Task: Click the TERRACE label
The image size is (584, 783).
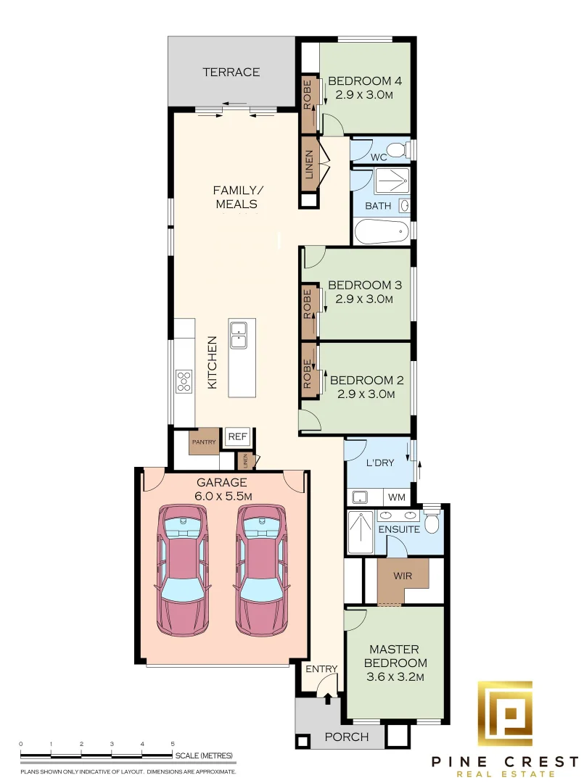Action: pyautogui.click(x=231, y=72)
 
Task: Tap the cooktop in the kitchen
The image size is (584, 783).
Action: pyautogui.click(x=184, y=381)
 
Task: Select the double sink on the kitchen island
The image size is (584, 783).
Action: pyautogui.click(x=238, y=334)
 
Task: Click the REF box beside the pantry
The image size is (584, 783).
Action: pyautogui.click(x=238, y=437)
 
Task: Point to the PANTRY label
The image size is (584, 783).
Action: pyautogui.click(x=203, y=441)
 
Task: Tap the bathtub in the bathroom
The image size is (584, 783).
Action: pyautogui.click(x=380, y=233)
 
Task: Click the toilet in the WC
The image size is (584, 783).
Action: pyautogui.click(x=397, y=151)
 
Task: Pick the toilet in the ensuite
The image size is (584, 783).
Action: pyautogui.click(x=432, y=522)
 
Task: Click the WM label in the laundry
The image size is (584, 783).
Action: pyautogui.click(x=397, y=497)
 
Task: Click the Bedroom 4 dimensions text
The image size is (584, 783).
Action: pyautogui.click(x=364, y=95)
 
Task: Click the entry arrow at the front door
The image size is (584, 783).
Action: pyautogui.click(x=328, y=697)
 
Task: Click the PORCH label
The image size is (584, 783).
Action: pyautogui.click(x=347, y=737)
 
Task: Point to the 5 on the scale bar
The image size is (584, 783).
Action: pyautogui.click(x=173, y=744)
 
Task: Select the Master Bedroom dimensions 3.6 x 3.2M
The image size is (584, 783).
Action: pyautogui.click(x=395, y=677)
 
